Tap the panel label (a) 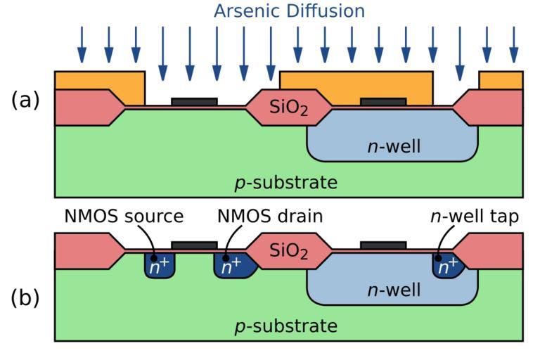(x=25, y=100)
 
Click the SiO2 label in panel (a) (x=288, y=108)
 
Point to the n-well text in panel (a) (x=394, y=146)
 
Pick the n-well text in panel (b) (x=394, y=289)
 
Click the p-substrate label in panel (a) (x=285, y=184)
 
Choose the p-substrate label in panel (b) (x=285, y=326)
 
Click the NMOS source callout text (x=124, y=217)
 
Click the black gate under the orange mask (x=383, y=102)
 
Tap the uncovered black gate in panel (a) (x=194, y=102)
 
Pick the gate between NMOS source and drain (x=194, y=245)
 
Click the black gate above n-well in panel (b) (x=383, y=245)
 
